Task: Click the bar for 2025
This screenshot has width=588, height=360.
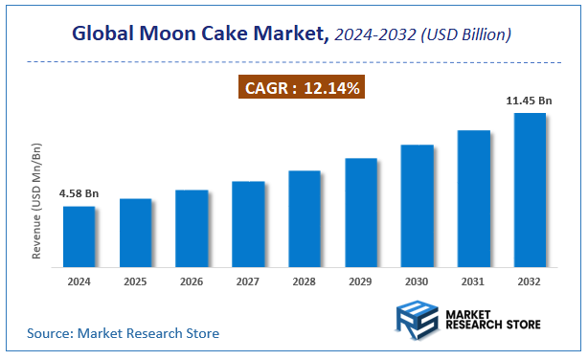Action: tap(135, 231)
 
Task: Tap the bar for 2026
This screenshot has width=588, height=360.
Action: tap(192, 227)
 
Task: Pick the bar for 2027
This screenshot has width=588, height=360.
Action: tap(248, 222)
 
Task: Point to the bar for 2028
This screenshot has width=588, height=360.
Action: tap(305, 217)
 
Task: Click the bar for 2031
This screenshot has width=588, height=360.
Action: tap(474, 197)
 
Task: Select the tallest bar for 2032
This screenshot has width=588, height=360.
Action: tap(530, 189)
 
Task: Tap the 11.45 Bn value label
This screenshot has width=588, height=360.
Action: tap(528, 100)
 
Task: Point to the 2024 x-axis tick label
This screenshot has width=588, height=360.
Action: tap(79, 281)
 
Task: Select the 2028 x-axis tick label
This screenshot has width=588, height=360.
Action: tap(305, 281)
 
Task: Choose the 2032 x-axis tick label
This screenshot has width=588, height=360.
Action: tap(530, 281)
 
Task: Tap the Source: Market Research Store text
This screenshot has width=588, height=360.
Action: tap(123, 333)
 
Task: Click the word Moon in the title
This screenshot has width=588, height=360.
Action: tap(199, 34)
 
